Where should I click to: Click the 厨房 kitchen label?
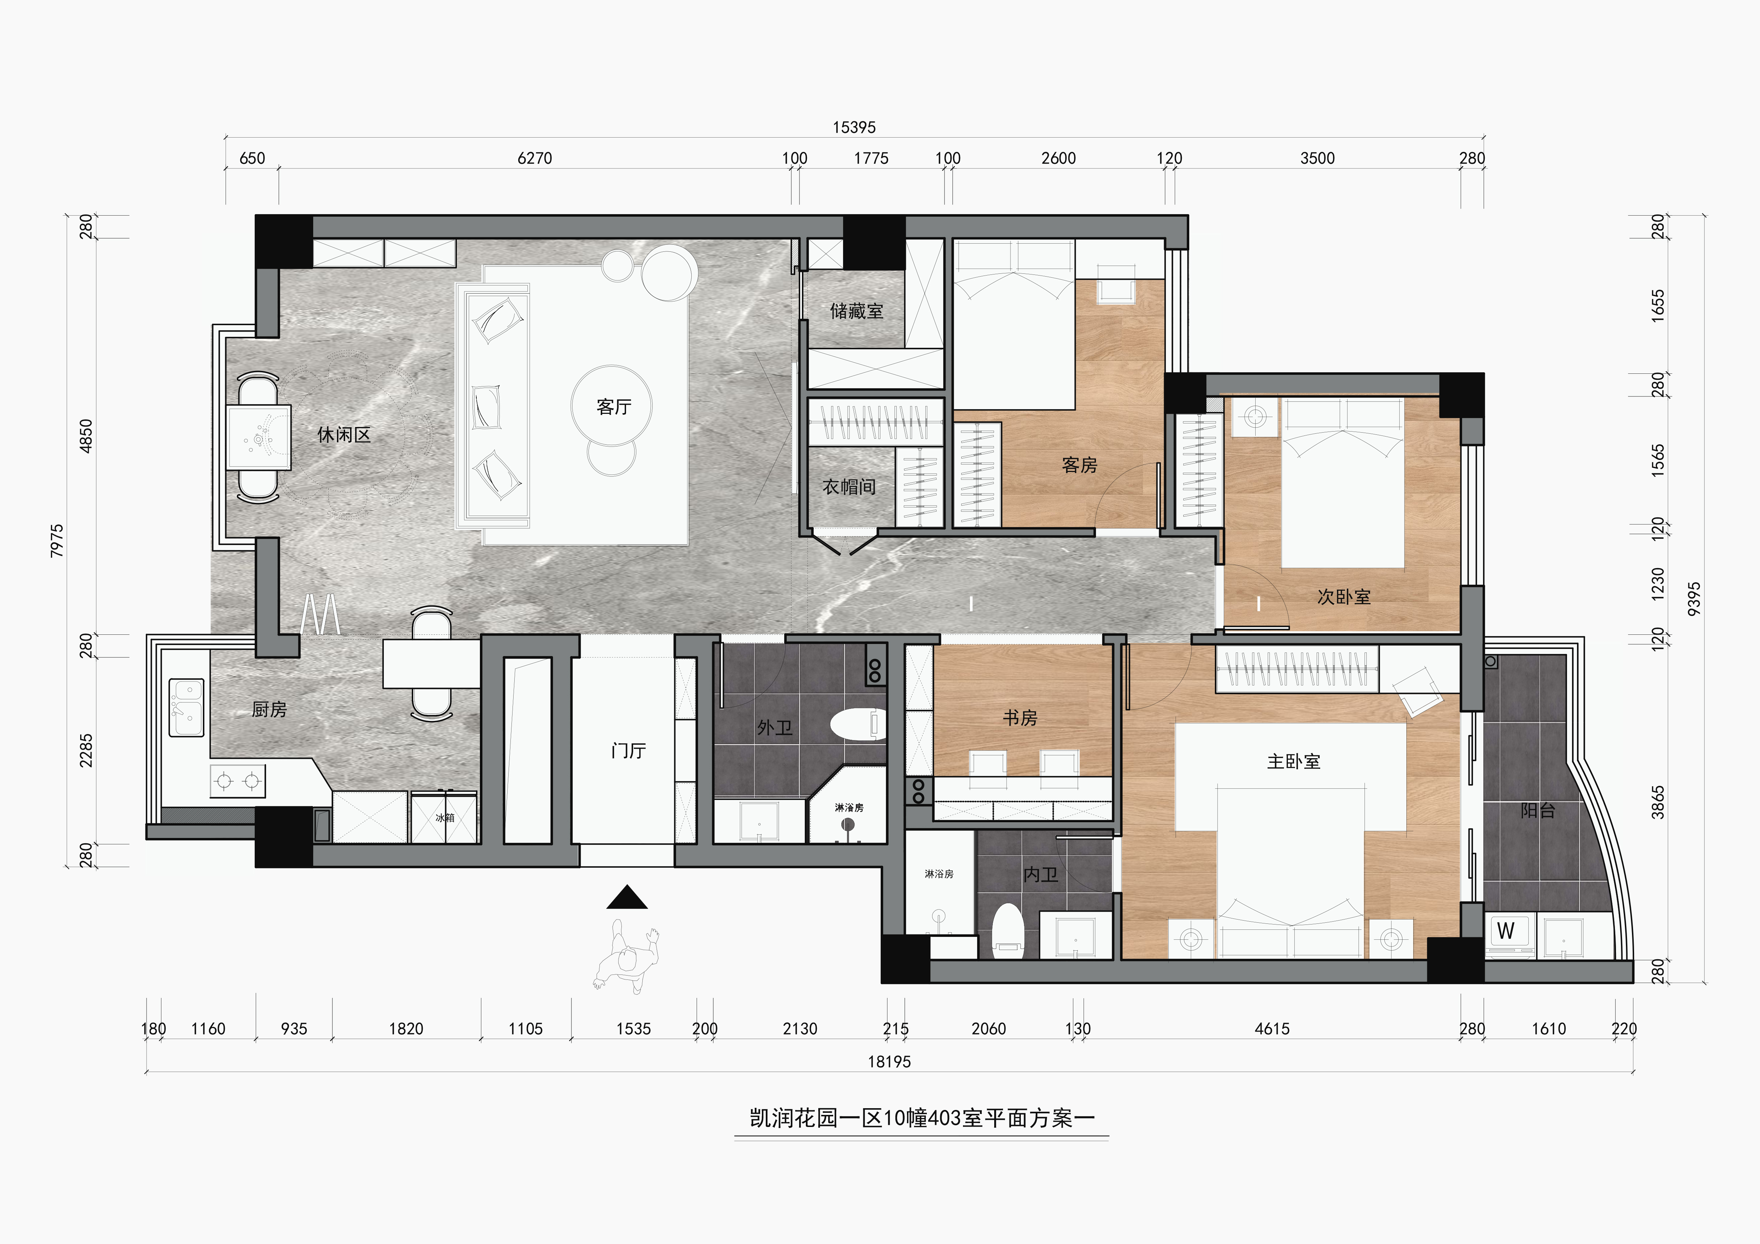point(269,710)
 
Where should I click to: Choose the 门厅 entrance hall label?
point(629,750)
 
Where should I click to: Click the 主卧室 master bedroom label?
point(1294,761)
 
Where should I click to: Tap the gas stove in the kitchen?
point(238,781)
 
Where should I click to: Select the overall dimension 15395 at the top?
point(854,127)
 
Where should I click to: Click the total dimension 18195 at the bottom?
point(889,1062)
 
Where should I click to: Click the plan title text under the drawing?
point(921,1118)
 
